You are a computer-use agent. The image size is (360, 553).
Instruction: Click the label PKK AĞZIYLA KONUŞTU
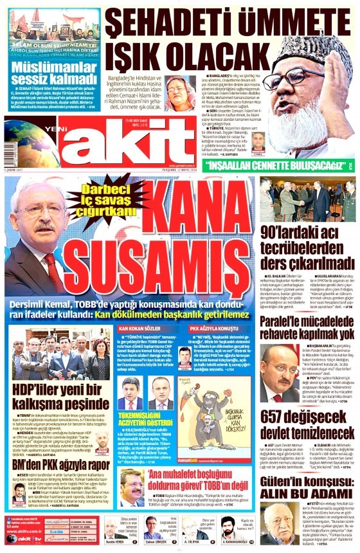(x=213, y=329)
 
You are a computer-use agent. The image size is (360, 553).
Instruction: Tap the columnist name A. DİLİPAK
(x=192, y=543)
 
